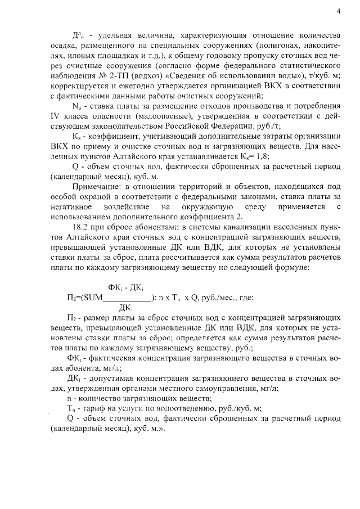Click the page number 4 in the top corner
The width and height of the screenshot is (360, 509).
pos(339,11)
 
